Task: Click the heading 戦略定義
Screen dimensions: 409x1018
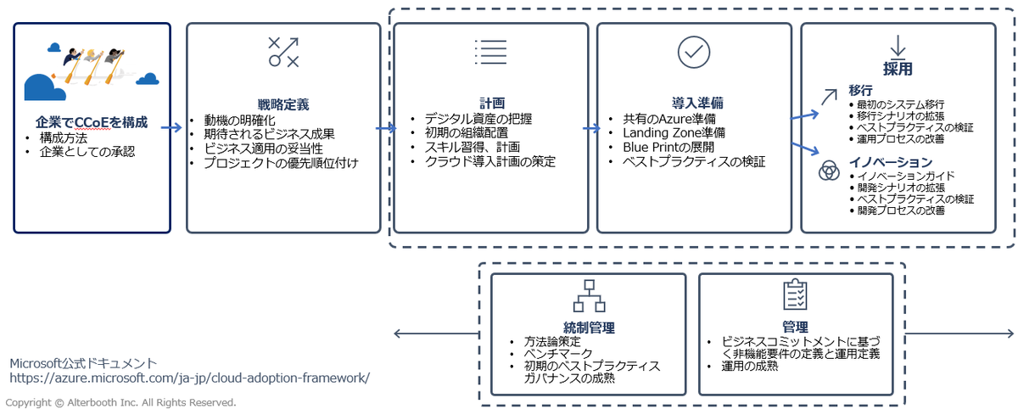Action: pyautogui.click(x=283, y=104)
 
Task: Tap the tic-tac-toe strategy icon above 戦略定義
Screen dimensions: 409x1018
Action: pyautogui.click(x=283, y=52)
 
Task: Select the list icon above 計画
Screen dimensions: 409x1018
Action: pyautogui.click(x=490, y=52)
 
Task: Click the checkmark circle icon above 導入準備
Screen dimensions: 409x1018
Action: pyautogui.click(x=693, y=52)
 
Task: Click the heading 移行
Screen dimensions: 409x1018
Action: pyautogui.click(x=860, y=90)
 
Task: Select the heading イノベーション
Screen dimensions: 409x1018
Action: pyautogui.click(x=890, y=162)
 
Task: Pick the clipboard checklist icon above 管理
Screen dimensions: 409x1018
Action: pyautogui.click(x=794, y=294)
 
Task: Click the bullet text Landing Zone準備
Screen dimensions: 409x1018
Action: pyautogui.click(x=674, y=132)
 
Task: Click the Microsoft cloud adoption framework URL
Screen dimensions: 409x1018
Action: pyautogui.click(x=189, y=378)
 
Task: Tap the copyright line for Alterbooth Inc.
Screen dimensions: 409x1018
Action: pyautogui.click(x=120, y=402)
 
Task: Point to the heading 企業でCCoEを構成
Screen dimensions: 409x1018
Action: pyautogui.click(x=92, y=121)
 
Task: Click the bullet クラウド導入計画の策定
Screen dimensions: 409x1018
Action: pyautogui.click(x=490, y=160)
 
